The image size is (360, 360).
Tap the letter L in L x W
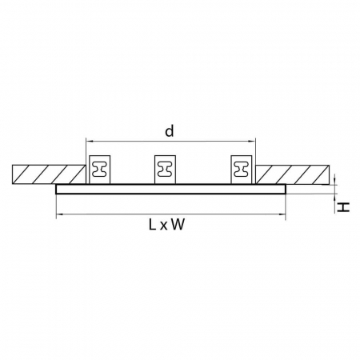[x=152, y=226]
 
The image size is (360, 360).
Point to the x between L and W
[x=163, y=226]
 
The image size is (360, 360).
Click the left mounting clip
[x=101, y=169]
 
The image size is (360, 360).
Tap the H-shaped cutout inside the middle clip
[x=166, y=169]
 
